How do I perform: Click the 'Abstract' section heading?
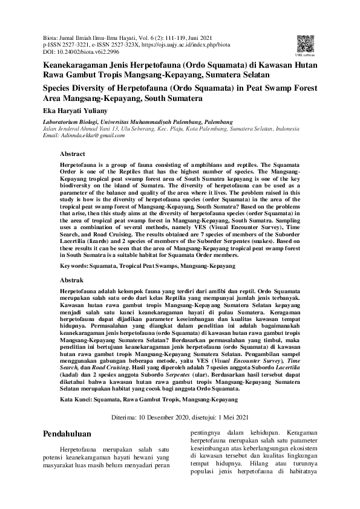[73, 154]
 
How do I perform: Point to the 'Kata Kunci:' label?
[76, 400]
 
